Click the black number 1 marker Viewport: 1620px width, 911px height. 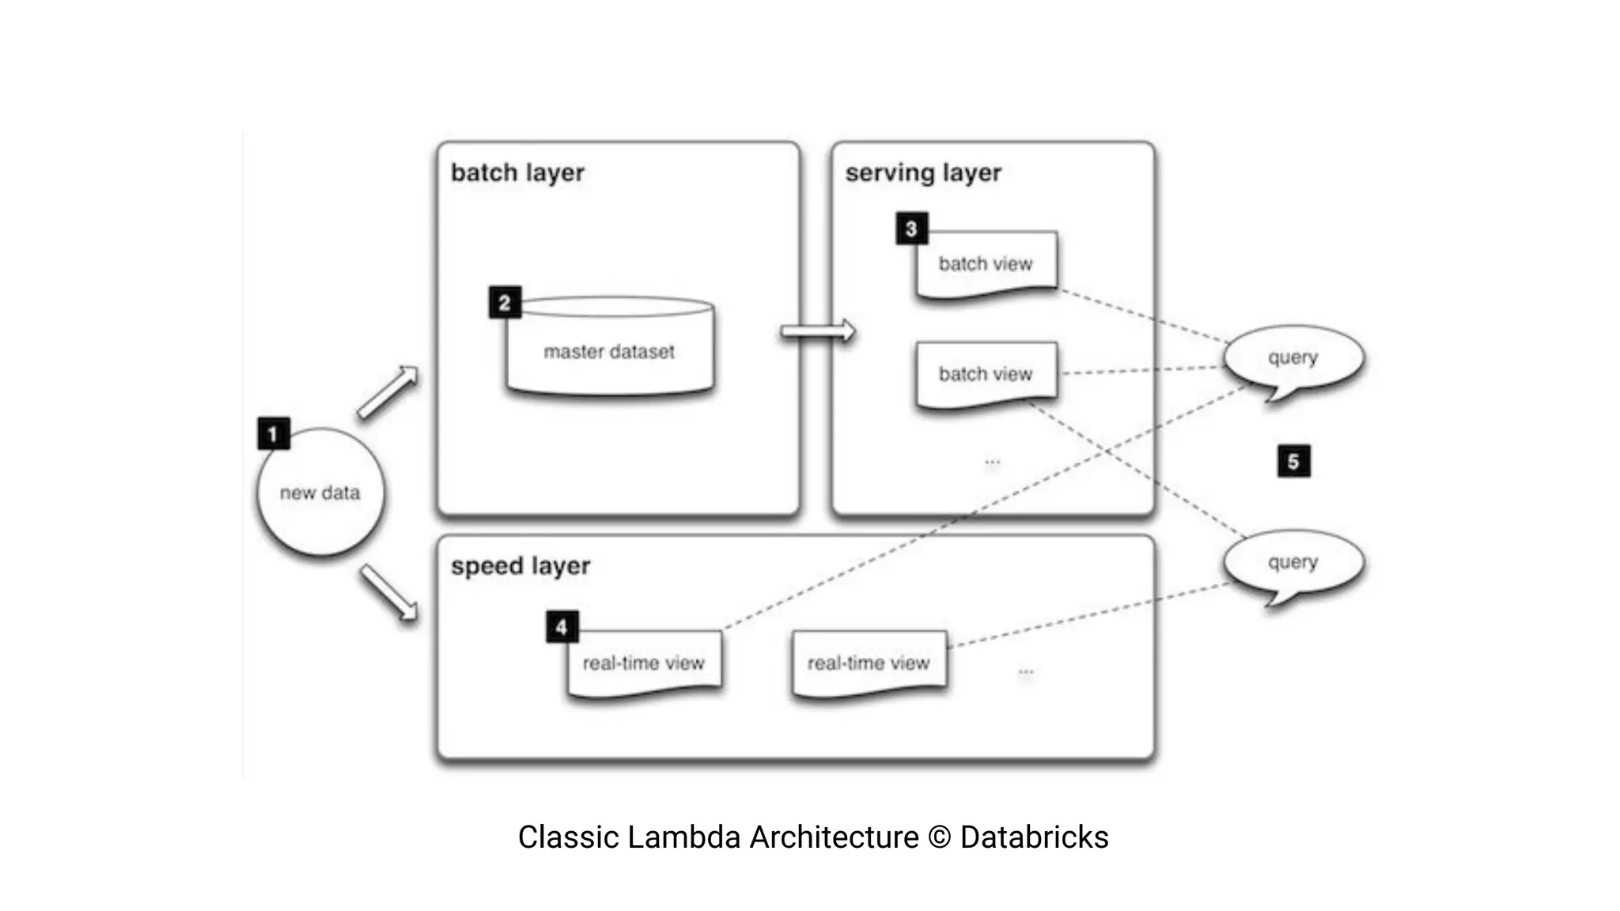pos(274,433)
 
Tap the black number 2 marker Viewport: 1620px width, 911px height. pos(505,303)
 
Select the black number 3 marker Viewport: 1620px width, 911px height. pos(911,229)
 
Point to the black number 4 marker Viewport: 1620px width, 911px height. pos(562,627)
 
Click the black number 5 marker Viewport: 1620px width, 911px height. pos(1293,461)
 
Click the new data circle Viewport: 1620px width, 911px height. pos(320,493)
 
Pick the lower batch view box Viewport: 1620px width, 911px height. pos(986,374)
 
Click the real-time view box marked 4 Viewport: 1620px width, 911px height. pos(644,663)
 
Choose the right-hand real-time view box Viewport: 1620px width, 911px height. pos(869,663)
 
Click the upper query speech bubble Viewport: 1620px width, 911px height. pos(1293,358)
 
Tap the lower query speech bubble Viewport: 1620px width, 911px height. pos(1293,563)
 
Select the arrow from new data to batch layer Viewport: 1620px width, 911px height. pos(388,392)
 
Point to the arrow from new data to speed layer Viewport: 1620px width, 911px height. pos(389,593)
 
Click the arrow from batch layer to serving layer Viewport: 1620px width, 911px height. pos(818,331)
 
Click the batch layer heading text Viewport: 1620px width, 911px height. pos(517,172)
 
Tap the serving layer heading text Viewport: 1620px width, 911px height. pos(922,172)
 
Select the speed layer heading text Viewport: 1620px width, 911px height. pos(520,566)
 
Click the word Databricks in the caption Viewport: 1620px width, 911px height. pos(1034,837)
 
